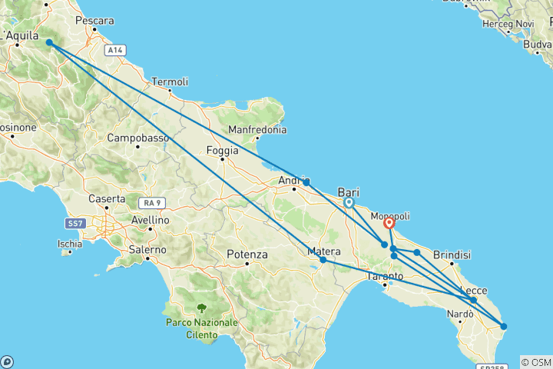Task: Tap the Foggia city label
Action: [223, 151]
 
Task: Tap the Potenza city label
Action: [247, 254]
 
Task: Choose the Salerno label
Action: [147, 250]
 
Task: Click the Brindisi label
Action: [452, 254]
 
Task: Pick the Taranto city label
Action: [386, 276]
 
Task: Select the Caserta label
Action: [107, 198]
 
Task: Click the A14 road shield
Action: [115, 50]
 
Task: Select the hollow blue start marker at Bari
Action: [349, 203]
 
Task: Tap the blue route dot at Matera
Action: [323, 260]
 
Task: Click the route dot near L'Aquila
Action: [49, 42]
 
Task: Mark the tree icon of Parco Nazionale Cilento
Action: [201, 307]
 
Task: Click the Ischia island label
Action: [69, 244]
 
